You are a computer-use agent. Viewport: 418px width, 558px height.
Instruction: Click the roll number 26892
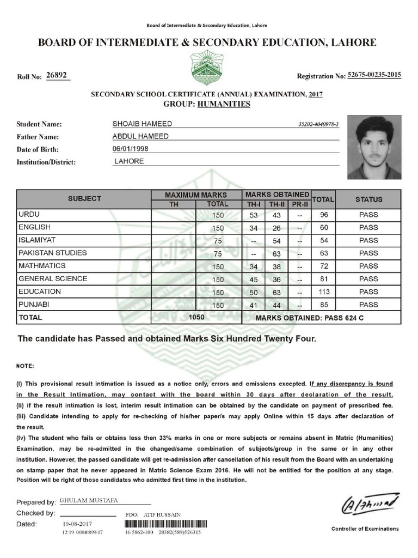(x=57, y=76)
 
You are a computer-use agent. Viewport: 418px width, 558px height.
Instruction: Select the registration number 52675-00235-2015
(x=374, y=75)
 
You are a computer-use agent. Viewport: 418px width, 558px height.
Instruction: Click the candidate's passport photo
(x=374, y=147)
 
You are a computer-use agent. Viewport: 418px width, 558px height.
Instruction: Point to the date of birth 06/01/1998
(x=131, y=149)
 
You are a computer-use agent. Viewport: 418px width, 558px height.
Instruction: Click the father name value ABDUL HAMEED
(x=140, y=136)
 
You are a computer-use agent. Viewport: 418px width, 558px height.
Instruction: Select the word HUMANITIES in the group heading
(x=224, y=104)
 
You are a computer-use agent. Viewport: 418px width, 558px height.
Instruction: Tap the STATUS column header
(x=368, y=199)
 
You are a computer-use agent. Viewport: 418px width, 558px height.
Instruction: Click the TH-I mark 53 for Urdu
(x=252, y=215)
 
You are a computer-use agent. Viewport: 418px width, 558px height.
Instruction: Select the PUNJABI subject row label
(x=34, y=304)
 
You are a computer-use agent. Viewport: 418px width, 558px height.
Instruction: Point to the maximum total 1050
(x=196, y=317)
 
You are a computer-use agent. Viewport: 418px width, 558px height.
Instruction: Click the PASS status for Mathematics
(x=368, y=266)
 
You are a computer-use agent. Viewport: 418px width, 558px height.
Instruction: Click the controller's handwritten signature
(x=370, y=504)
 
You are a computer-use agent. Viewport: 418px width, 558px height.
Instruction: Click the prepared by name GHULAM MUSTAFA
(x=84, y=500)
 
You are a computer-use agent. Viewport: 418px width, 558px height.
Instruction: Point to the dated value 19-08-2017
(x=78, y=523)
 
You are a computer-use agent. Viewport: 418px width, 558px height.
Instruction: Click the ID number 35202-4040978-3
(x=318, y=125)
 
